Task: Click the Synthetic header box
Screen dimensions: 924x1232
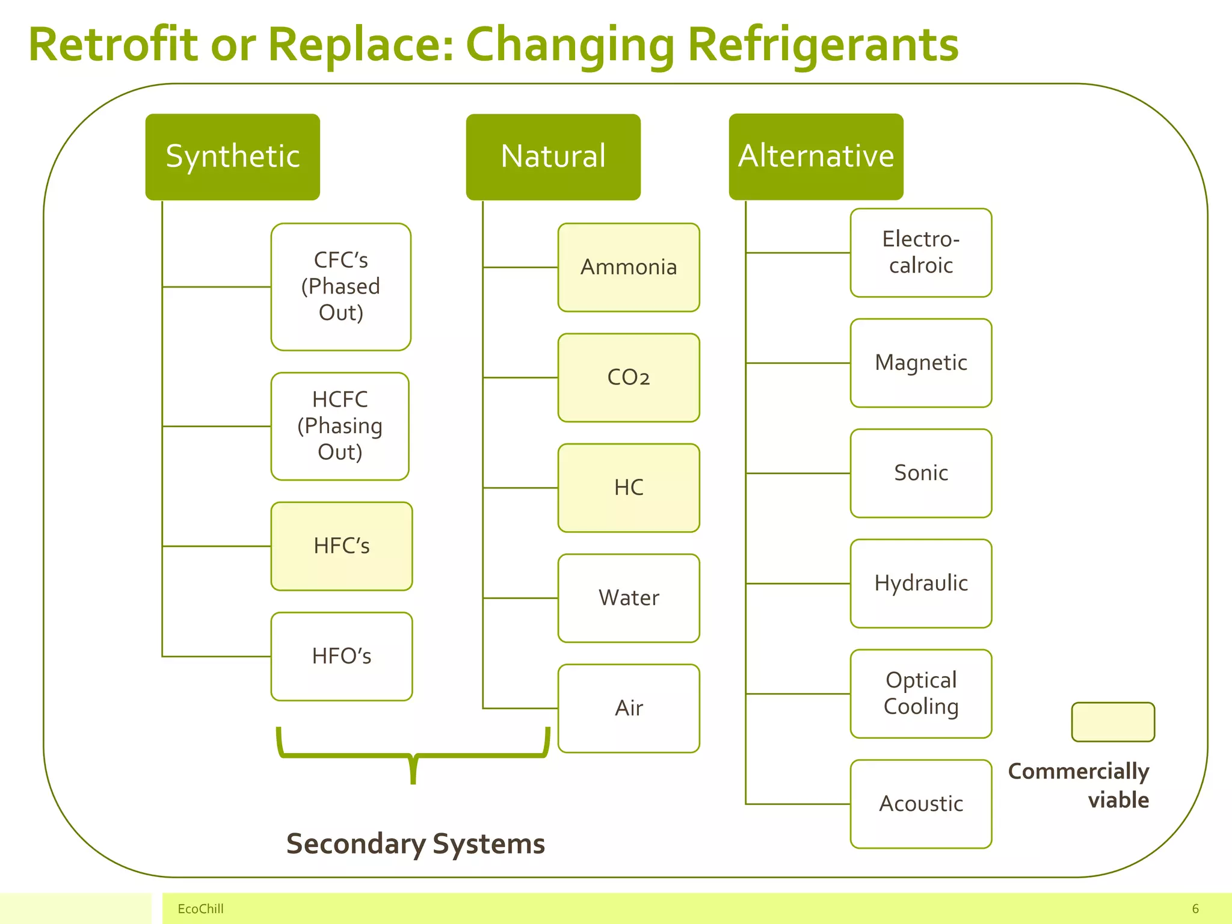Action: tap(233, 156)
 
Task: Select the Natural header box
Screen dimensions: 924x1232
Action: tap(553, 156)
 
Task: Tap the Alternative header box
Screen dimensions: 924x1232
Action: tap(816, 156)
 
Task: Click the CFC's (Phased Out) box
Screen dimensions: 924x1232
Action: tap(341, 287)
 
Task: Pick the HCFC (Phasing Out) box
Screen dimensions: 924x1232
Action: tap(340, 426)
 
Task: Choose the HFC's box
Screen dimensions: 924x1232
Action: tap(342, 546)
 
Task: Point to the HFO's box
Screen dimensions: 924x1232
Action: tap(342, 656)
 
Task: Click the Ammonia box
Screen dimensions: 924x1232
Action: tap(629, 268)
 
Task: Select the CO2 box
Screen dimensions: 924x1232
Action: tap(629, 378)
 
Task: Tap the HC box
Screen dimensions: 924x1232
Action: tap(629, 488)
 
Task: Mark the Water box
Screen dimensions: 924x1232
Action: tap(629, 598)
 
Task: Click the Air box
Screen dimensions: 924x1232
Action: tap(629, 708)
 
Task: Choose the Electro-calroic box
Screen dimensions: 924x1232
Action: tap(921, 253)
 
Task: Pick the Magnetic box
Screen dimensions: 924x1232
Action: tap(921, 363)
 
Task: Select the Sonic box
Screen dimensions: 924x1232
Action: tap(921, 473)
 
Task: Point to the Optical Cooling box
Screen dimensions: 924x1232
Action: tap(921, 694)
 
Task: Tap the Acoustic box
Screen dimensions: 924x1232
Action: tap(921, 804)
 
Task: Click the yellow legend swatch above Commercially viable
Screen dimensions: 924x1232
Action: tap(1113, 722)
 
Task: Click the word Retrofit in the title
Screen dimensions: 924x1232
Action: tap(113, 45)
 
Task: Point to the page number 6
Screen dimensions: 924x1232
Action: tap(1195, 909)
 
